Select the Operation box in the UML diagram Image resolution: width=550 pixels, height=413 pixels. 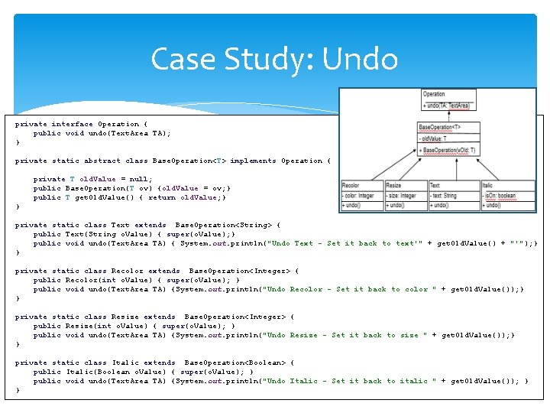point(447,99)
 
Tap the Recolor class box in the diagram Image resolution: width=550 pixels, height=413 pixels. point(359,195)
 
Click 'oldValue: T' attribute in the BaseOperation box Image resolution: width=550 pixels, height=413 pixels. point(435,138)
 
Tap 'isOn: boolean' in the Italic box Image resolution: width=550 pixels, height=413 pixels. point(500,196)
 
